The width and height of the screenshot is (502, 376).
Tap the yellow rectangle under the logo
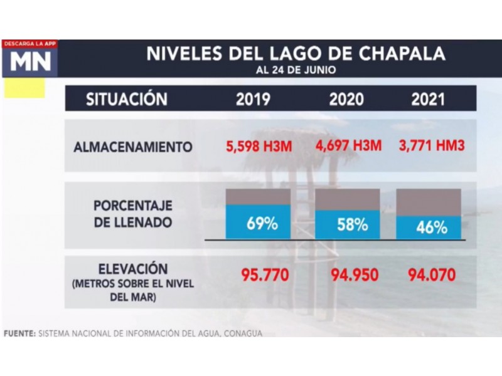[x=24, y=88]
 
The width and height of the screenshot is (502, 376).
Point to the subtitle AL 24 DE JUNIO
[x=295, y=70]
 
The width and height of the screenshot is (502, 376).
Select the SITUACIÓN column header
[x=127, y=99]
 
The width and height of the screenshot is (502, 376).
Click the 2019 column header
[x=253, y=99]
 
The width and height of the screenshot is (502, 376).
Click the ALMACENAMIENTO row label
[x=132, y=147]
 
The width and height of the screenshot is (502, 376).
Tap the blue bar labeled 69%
[x=258, y=222]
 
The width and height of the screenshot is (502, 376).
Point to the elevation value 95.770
[x=264, y=275]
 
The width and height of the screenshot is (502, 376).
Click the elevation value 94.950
[x=352, y=275]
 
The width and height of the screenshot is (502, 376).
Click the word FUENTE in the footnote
[x=19, y=333]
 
